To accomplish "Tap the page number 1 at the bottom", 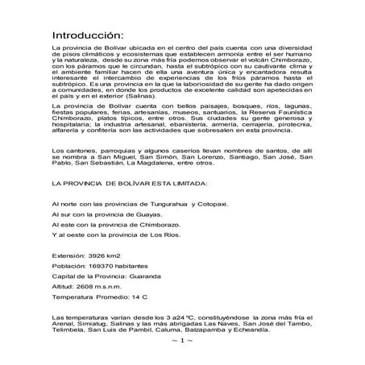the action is pos(182,341).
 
